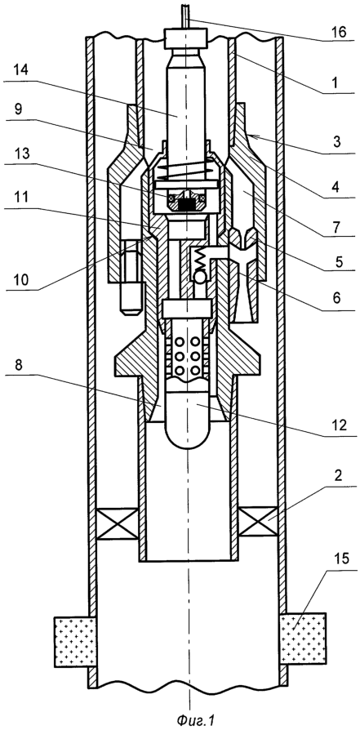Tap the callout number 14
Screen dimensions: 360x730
(x=21, y=70)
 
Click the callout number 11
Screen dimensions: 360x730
(x=21, y=198)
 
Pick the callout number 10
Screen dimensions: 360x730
(x=21, y=279)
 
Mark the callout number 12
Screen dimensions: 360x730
(x=343, y=425)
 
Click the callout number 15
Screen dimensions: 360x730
(x=342, y=559)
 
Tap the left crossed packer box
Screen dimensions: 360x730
(x=117, y=523)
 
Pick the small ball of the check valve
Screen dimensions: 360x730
(x=199, y=277)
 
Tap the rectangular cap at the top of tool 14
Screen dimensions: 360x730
(x=186, y=38)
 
